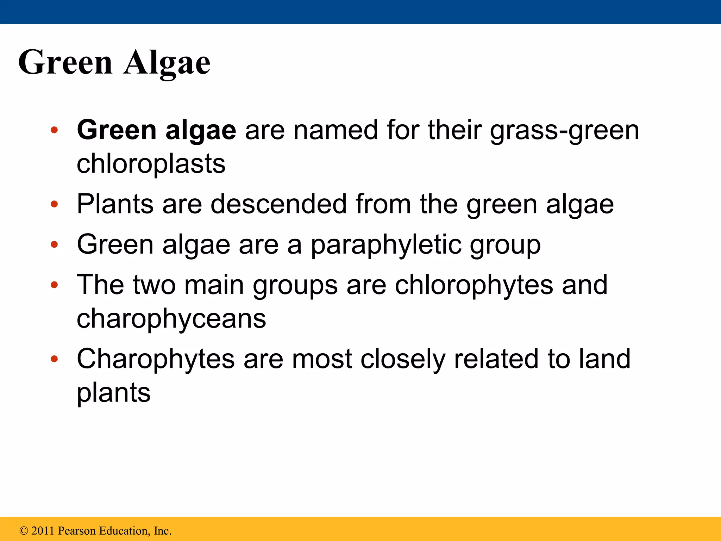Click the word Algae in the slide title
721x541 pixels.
pos(167,62)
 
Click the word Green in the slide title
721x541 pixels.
pos(65,62)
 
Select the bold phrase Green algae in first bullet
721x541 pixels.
pos(156,130)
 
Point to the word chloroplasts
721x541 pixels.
pos(151,164)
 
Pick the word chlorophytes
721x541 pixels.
pos(474,285)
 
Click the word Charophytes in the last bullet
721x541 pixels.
pos(156,359)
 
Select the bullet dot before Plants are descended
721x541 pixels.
pos(54,204)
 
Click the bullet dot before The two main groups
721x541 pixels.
pos(54,285)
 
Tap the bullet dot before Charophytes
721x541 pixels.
pos(54,359)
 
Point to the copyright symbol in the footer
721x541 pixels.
pos(24,531)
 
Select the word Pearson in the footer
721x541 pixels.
pos(77,531)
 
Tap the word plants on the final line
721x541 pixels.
pos(113,393)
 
